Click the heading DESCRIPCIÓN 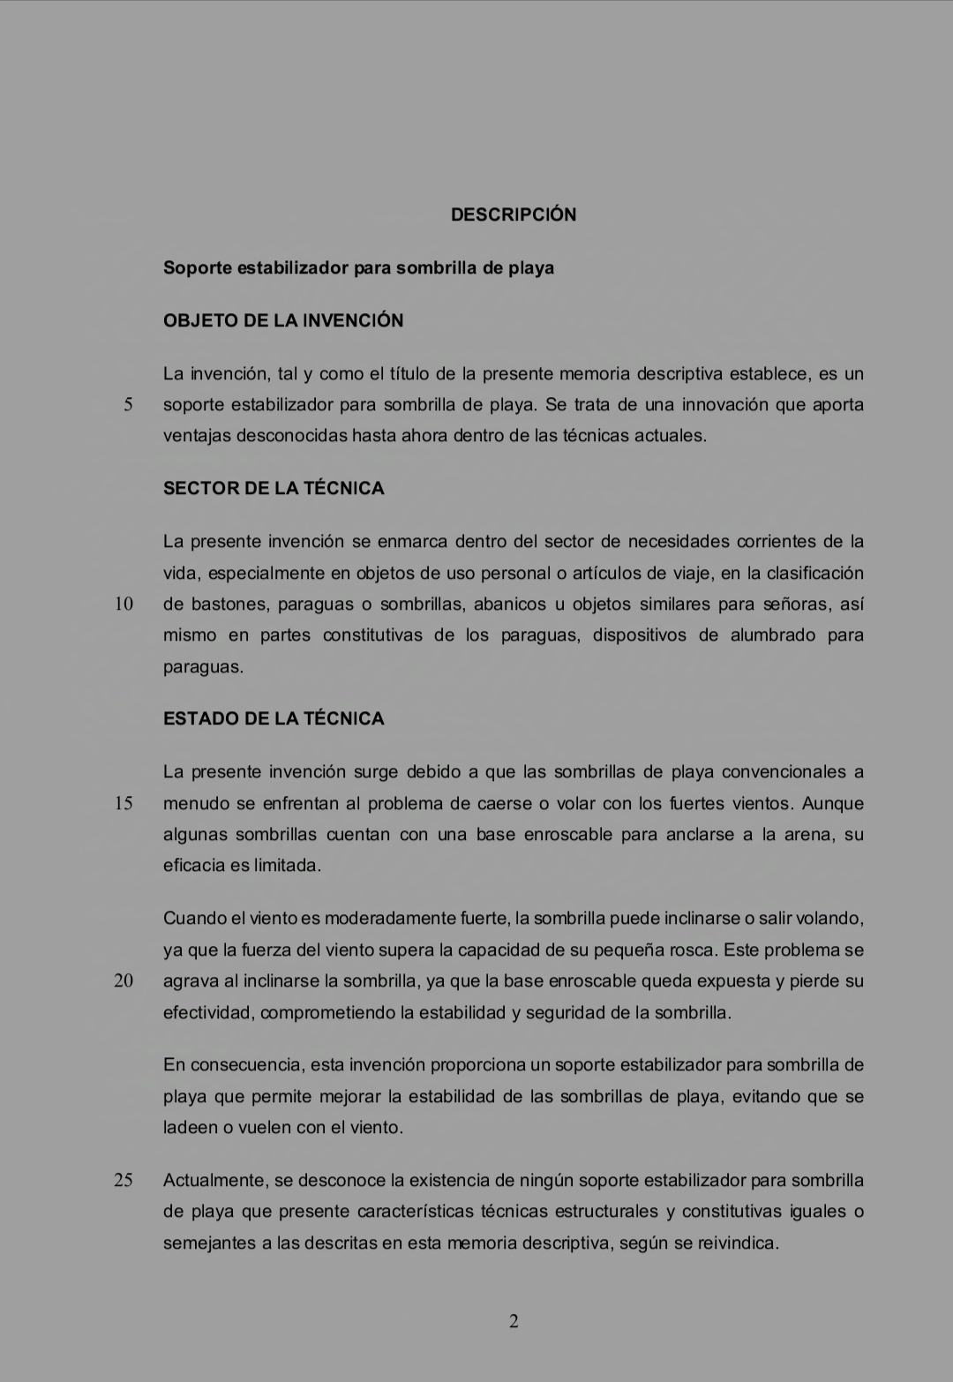[514, 214]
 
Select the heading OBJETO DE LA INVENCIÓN [283, 320]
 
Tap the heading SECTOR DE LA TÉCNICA [274, 488]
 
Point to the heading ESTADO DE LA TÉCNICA [274, 718]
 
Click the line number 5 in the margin [128, 405]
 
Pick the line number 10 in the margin [124, 605]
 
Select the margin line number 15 [124, 803]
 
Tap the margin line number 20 [124, 980]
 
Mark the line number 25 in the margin [124, 1180]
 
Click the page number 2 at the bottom [514, 1321]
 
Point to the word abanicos [508, 605]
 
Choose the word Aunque [833, 803]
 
